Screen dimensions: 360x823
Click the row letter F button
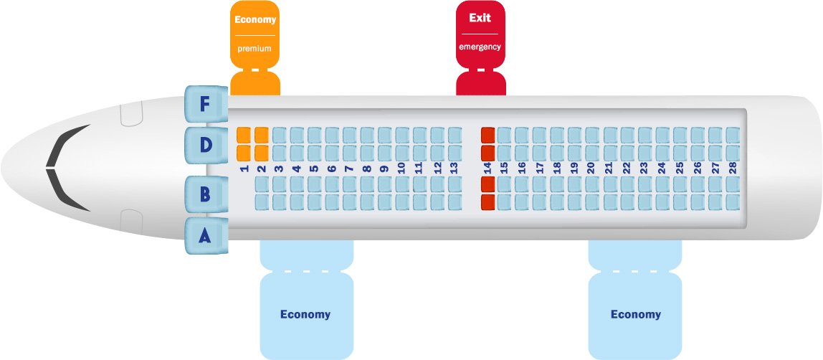pyautogui.click(x=205, y=105)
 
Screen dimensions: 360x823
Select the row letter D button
pyautogui.click(x=205, y=146)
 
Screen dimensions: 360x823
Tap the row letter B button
pyautogui.click(x=205, y=194)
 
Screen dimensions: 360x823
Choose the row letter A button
pyautogui.click(x=205, y=235)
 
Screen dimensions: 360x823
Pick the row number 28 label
pyautogui.click(x=732, y=169)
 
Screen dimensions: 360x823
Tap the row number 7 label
pyautogui.click(x=349, y=169)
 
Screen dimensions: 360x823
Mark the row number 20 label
pyautogui.click(x=591, y=169)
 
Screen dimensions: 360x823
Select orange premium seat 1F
pyautogui.click(x=244, y=134)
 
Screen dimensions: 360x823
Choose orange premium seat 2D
pyautogui.click(x=262, y=152)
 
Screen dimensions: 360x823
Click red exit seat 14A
pyautogui.click(x=488, y=202)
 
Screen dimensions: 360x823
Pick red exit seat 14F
pyautogui.click(x=488, y=134)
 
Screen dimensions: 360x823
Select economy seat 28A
pyautogui.click(x=732, y=202)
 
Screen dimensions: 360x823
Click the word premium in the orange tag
pyautogui.click(x=254, y=49)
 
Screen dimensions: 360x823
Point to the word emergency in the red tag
pyautogui.click(x=480, y=47)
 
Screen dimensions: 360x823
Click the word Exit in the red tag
pyautogui.click(x=480, y=18)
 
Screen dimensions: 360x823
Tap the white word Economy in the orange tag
pyautogui.click(x=255, y=20)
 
